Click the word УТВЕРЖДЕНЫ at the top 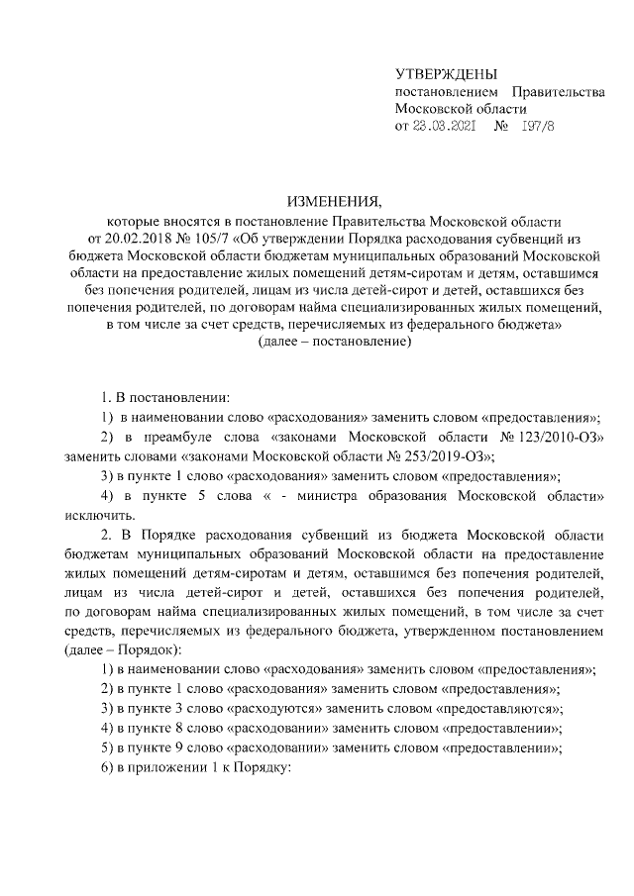pyautogui.click(x=446, y=74)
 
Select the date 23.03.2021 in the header pyautogui.click(x=446, y=126)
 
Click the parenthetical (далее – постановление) pyautogui.click(x=333, y=342)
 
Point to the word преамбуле pyautogui.click(x=174, y=437)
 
